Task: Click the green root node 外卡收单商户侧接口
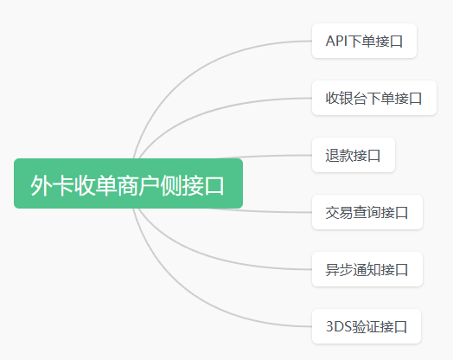(x=128, y=183)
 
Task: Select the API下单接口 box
(x=364, y=41)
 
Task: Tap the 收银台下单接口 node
(x=374, y=98)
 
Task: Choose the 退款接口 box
(x=354, y=155)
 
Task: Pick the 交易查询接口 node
(x=367, y=212)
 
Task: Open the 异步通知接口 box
(x=367, y=269)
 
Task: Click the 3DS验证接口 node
(x=367, y=326)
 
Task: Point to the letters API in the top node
(x=336, y=41)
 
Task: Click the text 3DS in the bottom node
(x=339, y=326)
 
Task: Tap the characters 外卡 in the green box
(x=52, y=186)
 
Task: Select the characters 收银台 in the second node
(x=346, y=98)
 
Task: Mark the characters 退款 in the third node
(x=339, y=155)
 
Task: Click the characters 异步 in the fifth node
(x=339, y=269)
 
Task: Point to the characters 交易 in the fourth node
(x=339, y=212)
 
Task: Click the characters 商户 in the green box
(x=138, y=186)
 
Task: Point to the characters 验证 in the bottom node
(x=365, y=326)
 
